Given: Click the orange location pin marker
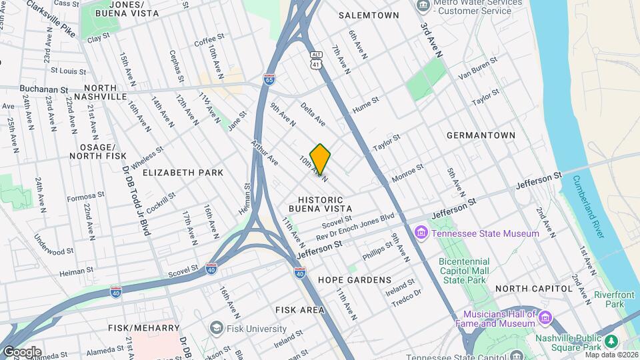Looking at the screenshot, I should [320, 159].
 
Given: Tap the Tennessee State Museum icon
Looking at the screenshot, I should [421, 233].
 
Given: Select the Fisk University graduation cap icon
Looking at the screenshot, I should [216, 328].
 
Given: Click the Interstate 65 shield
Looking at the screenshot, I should [269, 79].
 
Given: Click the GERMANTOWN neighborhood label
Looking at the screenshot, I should [481, 135].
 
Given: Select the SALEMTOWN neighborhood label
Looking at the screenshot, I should [369, 15].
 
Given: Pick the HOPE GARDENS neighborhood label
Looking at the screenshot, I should [354, 280].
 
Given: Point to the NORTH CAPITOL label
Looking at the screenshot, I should [534, 289].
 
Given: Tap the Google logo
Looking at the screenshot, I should [21, 351].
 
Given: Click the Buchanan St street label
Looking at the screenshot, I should [44, 89].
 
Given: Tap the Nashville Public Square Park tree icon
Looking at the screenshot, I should [611, 341].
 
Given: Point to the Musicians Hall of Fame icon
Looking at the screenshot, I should [545, 317].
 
